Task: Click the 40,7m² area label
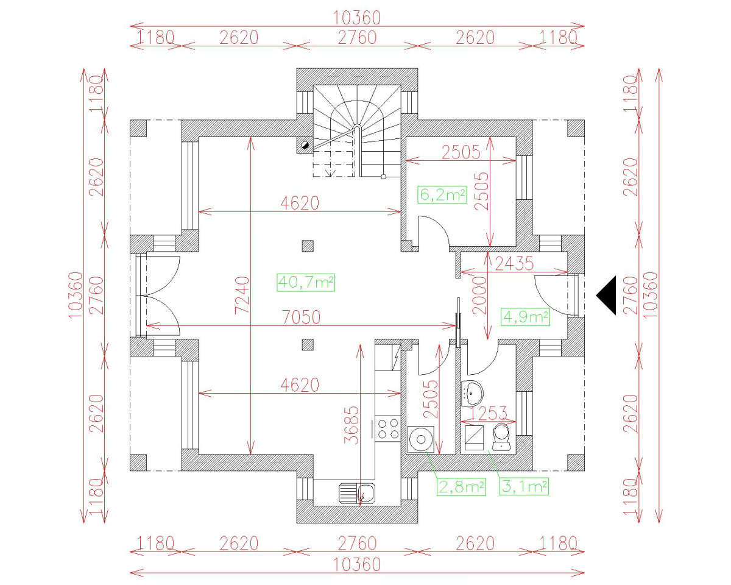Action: [306, 282]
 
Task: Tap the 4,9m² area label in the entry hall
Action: [525, 317]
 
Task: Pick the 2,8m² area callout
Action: [461, 486]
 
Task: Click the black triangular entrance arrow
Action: [607, 295]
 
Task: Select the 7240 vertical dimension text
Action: [242, 295]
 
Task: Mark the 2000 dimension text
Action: [479, 295]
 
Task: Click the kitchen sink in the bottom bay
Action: [358, 492]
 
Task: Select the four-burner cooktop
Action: [388, 428]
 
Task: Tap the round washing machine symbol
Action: [420, 439]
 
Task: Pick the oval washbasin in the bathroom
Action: [471, 393]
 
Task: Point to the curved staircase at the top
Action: [356, 122]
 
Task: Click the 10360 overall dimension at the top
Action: [357, 18]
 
